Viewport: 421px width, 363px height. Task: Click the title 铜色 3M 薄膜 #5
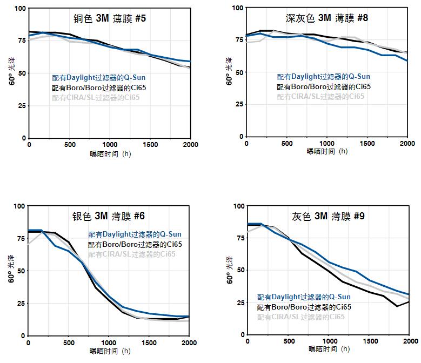110,19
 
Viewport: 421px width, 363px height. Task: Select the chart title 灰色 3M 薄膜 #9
328,217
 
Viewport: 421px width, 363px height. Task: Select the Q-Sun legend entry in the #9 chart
296,297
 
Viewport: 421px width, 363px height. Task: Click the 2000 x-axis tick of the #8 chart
407,144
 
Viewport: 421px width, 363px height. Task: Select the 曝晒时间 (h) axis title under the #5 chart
110,154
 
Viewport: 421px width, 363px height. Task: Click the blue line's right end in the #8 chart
407,60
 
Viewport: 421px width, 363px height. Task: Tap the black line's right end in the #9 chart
409,301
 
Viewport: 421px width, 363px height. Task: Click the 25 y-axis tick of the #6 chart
21,303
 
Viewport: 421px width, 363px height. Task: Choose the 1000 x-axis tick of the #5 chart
110,145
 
